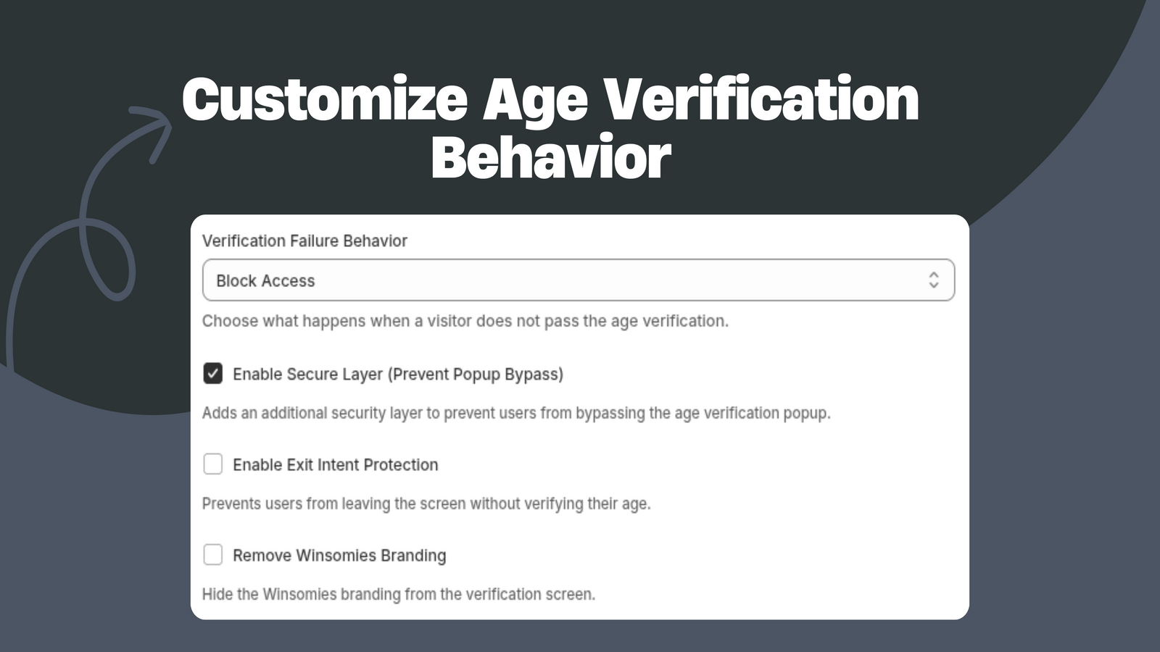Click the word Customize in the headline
(x=326, y=99)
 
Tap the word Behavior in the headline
(x=551, y=156)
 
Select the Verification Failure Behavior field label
(x=304, y=241)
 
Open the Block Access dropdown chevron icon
(x=934, y=280)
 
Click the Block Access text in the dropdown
(x=265, y=280)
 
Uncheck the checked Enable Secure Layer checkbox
(x=213, y=374)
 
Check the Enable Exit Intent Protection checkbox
(x=213, y=464)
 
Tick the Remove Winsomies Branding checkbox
(x=213, y=555)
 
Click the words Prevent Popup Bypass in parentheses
(x=476, y=374)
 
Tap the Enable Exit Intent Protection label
(x=336, y=464)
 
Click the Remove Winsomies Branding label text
(x=339, y=555)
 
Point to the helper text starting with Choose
(x=465, y=321)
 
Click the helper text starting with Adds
(x=515, y=413)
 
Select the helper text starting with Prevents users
(x=426, y=503)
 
